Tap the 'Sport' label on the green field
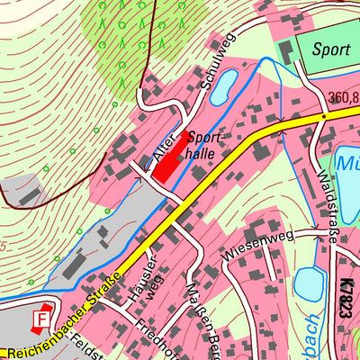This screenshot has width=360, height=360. [330, 49]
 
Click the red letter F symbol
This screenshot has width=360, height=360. [40, 319]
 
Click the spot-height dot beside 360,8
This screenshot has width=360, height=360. [322, 116]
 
